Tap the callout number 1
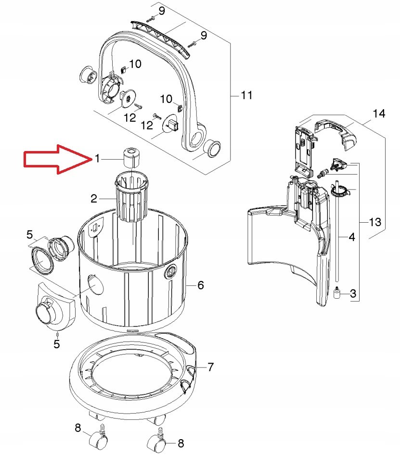[97, 159]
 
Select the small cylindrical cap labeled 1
[131, 157]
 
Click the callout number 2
[94, 199]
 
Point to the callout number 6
[201, 285]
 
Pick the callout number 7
[210, 367]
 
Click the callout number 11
[246, 95]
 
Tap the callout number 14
[379, 113]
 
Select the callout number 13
[375, 222]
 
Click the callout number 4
[352, 237]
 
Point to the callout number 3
[353, 293]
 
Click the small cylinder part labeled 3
[337, 292]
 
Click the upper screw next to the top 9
[151, 19]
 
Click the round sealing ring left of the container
[42, 261]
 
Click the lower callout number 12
[146, 125]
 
